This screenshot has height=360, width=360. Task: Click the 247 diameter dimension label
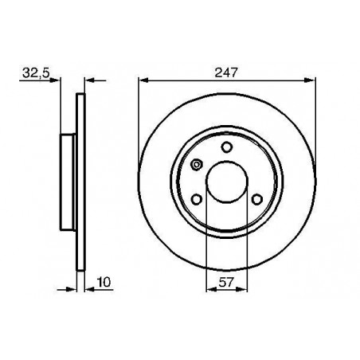tap(225, 72)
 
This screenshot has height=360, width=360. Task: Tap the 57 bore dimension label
tap(226, 282)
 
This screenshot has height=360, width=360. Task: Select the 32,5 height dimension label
tap(36, 72)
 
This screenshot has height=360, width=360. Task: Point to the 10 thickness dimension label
tap(104, 282)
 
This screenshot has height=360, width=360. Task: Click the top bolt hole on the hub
tap(227, 147)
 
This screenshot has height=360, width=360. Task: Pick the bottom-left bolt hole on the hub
tap(197, 199)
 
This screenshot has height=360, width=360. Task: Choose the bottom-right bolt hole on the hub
tap(257, 199)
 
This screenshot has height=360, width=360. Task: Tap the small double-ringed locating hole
tap(197, 165)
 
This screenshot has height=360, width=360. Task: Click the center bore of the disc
tap(227, 182)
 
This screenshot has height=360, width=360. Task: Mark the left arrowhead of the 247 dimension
tap(143, 80)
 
